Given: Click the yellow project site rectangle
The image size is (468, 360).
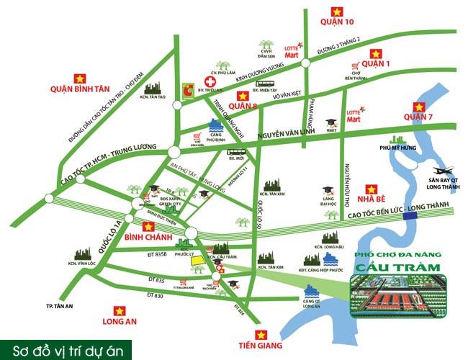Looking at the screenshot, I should click(197, 262).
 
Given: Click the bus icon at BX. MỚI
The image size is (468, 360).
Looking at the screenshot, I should click(235, 151).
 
